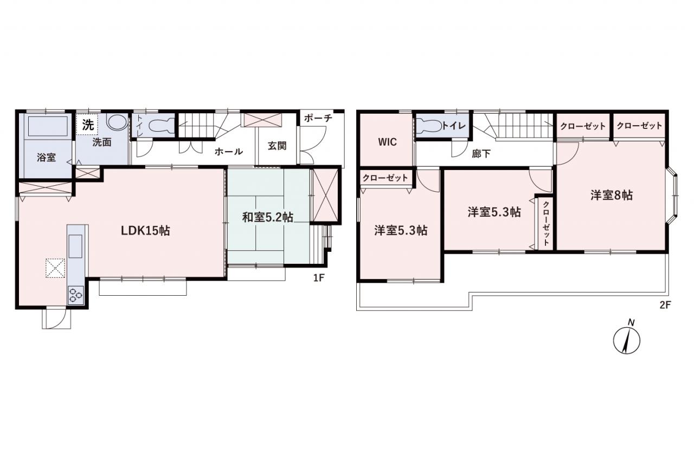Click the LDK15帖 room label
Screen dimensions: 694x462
tap(145, 231)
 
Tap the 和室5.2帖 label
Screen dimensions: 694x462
tap(268, 217)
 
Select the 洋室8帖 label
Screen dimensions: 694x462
tap(611, 196)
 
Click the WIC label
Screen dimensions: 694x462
tap(387, 142)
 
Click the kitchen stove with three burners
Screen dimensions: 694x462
tap(76, 295)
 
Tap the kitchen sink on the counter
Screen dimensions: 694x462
tap(75, 246)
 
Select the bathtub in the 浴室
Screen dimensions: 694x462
tap(48, 126)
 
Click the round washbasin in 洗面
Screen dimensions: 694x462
tap(117, 123)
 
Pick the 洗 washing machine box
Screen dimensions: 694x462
tap(87, 125)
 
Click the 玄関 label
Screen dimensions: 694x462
tap(277, 146)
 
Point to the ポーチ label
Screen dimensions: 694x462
tap(318, 118)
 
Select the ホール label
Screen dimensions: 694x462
tap(229, 152)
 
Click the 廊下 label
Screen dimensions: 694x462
tap(481, 154)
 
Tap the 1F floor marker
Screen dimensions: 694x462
tap(318, 277)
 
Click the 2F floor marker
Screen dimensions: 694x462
tap(665, 305)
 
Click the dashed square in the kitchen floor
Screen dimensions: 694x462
tap(55, 268)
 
